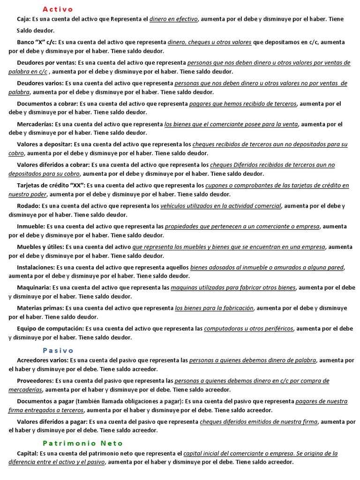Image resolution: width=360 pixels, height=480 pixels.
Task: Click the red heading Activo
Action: [x=58, y=9]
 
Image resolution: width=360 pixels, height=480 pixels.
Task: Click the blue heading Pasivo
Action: [x=58, y=350]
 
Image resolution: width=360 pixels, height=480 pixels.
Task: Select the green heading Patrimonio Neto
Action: [x=82, y=443]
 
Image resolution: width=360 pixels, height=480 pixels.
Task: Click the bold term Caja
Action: [x=23, y=19]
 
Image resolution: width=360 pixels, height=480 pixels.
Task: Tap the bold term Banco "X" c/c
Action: [x=37, y=42]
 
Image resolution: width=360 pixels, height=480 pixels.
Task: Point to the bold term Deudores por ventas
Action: [x=46, y=63]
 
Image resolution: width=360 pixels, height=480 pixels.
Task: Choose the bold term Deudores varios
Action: [x=40, y=83]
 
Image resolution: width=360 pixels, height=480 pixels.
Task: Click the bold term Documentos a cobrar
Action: [x=47, y=104]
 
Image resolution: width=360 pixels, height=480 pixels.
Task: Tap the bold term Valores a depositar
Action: [x=44, y=144]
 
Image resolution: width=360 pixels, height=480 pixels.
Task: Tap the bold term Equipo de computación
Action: [x=50, y=329]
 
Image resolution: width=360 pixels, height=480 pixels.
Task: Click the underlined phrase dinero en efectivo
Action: [x=174, y=19]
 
